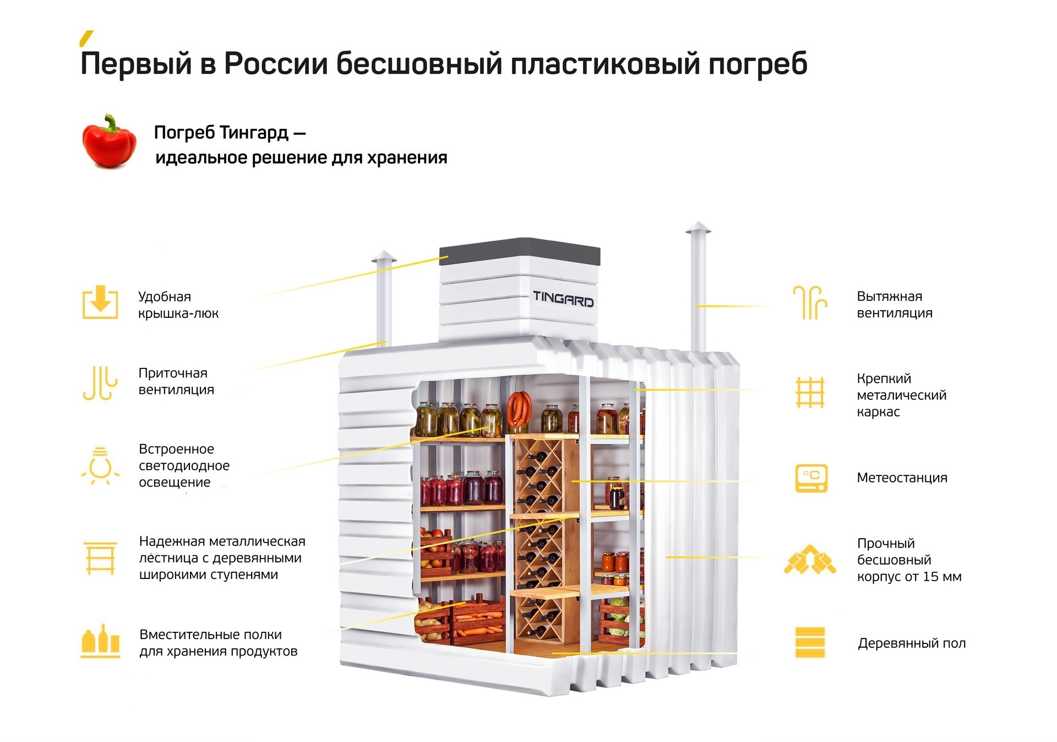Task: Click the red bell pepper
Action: pyautogui.click(x=109, y=141)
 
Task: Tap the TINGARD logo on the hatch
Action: pyautogui.click(x=563, y=299)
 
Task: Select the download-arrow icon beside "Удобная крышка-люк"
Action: pyautogui.click(x=100, y=302)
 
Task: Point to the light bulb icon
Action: pyautogui.click(x=100, y=466)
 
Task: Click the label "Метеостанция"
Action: pyautogui.click(x=902, y=478)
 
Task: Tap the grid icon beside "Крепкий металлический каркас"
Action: pyautogui.click(x=810, y=392)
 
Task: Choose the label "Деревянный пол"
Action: pyautogui.click(x=912, y=643)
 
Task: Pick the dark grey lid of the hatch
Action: pyautogui.click(x=520, y=251)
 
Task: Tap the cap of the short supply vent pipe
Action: pyautogui.click(x=383, y=257)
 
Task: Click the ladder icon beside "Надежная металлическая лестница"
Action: pyautogui.click(x=100, y=558)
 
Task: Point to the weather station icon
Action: pyautogui.click(x=811, y=478)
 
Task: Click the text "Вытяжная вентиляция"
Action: pyautogui.click(x=895, y=305)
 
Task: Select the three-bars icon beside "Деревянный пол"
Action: pyautogui.click(x=810, y=642)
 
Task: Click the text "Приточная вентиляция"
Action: pyautogui.click(x=176, y=381)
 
